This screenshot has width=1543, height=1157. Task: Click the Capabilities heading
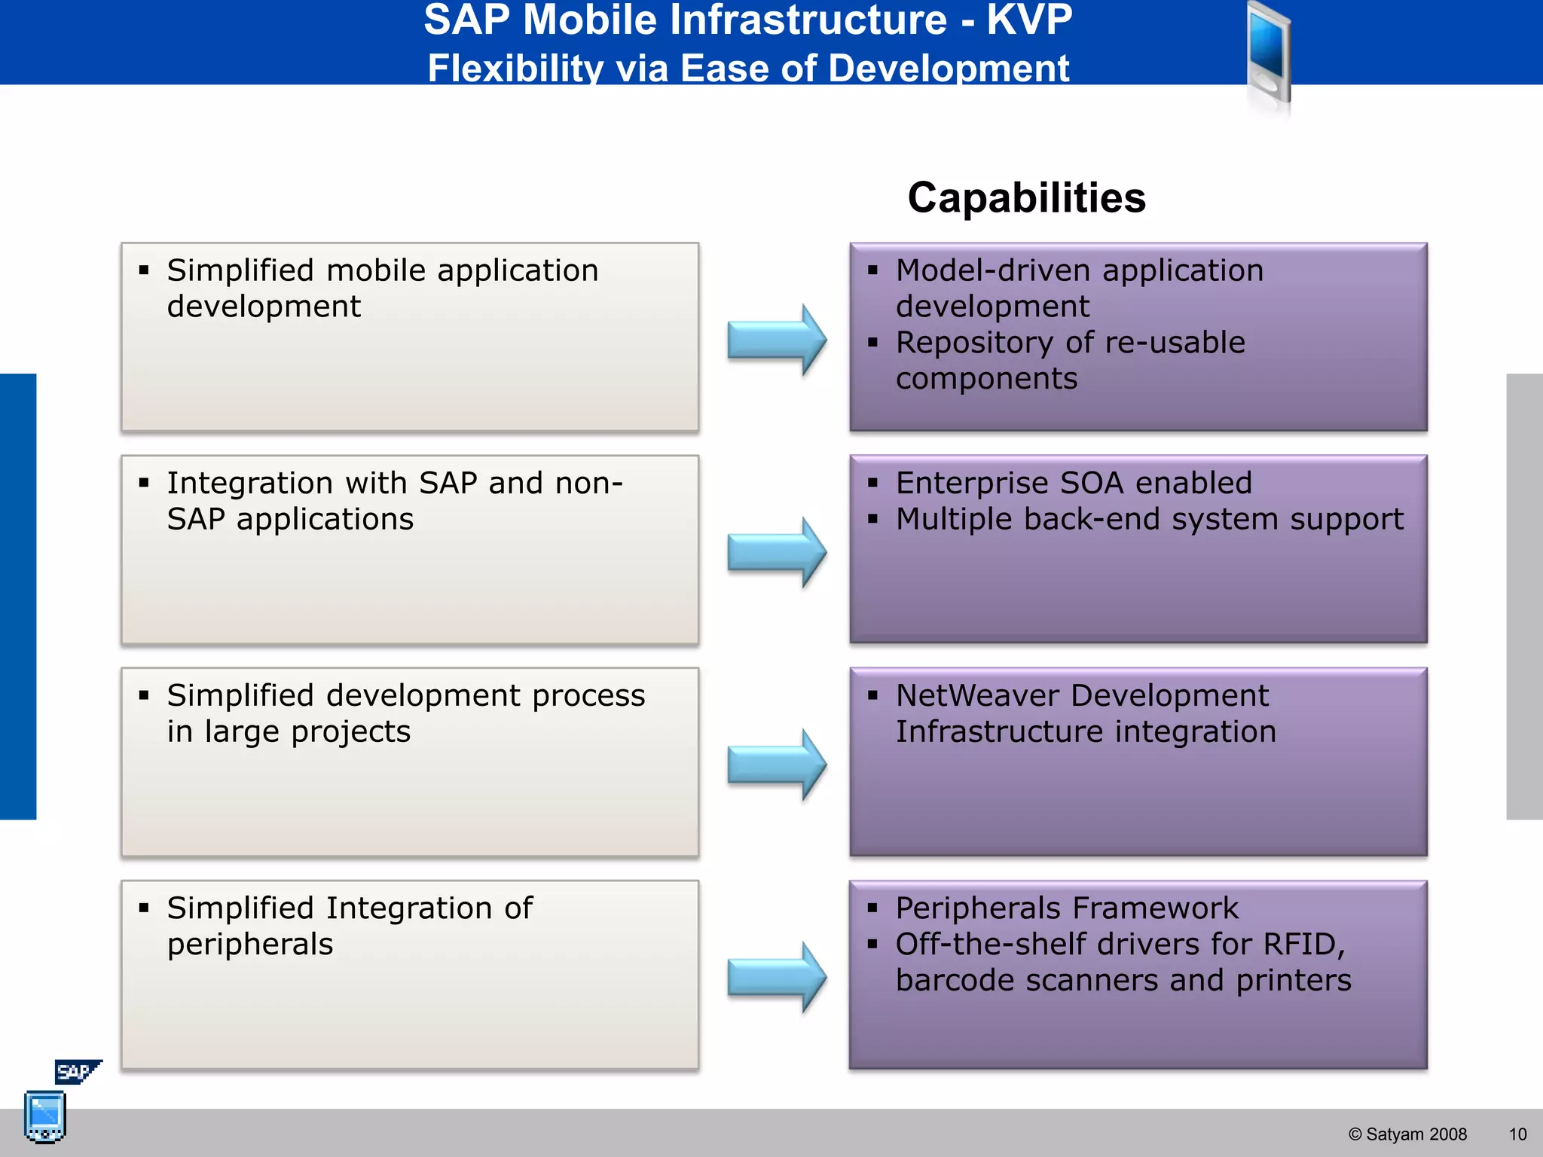tap(1026, 198)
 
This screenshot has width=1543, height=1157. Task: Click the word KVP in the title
tap(1028, 20)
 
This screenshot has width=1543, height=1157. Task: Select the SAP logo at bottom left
tap(76, 1071)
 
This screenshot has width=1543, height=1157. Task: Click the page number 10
tap(1517, 1134)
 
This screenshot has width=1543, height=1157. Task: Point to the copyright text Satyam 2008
tap(1407, 1134)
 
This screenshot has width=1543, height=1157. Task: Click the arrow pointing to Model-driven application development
tap(777, 340)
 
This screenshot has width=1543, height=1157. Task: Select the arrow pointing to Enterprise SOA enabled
tap(777, 552)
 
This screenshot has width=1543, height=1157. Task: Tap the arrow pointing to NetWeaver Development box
tap(777, 765)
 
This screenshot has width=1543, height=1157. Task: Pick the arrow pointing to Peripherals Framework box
tap(777, 977)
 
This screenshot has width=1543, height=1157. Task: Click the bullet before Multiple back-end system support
tap(872, 519)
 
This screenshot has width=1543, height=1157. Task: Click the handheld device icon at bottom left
tap(44, 1116)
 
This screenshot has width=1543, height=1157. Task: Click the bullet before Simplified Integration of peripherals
tap(144, 908)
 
